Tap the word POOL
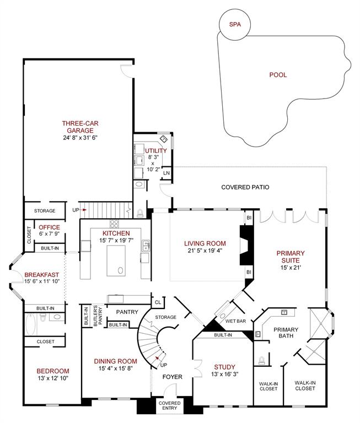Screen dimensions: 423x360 pyautogui.click(x=278, y=75)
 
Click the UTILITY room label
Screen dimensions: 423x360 pyautogui.click(x=156, y=150)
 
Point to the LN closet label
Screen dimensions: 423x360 pyautogui.click(x=166, y=173)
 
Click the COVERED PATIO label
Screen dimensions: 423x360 pyautogui.click(x=245, y=187)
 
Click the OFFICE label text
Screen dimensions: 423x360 pyautogui.click(x=49, y=227)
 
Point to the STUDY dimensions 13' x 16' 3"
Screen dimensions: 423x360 pyautogui.click(x=224, y=375)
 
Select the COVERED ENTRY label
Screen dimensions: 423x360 pyautogui.click(x=169, y=406)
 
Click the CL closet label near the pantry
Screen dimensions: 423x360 pyautogui.click(x=158, y=302)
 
